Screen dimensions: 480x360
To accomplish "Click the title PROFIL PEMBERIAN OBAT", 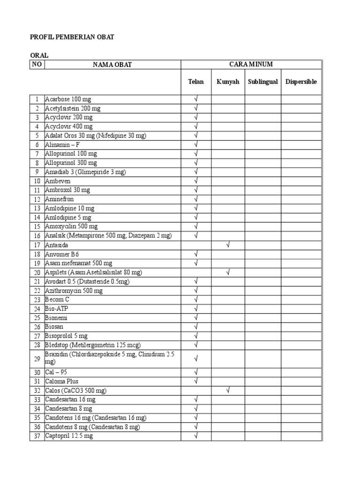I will point(72,37).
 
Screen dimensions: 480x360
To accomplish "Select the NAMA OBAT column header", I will point(112,65).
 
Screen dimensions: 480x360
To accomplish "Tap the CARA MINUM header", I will point(251,64).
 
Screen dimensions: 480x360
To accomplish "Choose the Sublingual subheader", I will point(263,82).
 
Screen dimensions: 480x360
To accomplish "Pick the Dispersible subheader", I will point(301,82).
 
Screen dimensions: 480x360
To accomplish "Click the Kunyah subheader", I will point(228,82).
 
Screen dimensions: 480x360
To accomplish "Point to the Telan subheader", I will point(196,82).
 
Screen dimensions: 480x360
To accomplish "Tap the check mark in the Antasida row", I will point(228,245).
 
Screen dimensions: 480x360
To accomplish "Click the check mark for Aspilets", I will point(228,272).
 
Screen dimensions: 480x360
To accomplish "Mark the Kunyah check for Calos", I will point(228,390).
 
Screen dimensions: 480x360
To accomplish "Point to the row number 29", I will point(37,359).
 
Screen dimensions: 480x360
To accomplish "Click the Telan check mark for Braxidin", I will point(196,359).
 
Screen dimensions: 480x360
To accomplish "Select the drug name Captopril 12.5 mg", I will point(69,436).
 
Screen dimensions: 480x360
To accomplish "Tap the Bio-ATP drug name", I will point(56,308).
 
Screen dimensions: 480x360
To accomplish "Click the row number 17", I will point(37,245).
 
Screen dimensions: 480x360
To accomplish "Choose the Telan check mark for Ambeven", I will point(196,181).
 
